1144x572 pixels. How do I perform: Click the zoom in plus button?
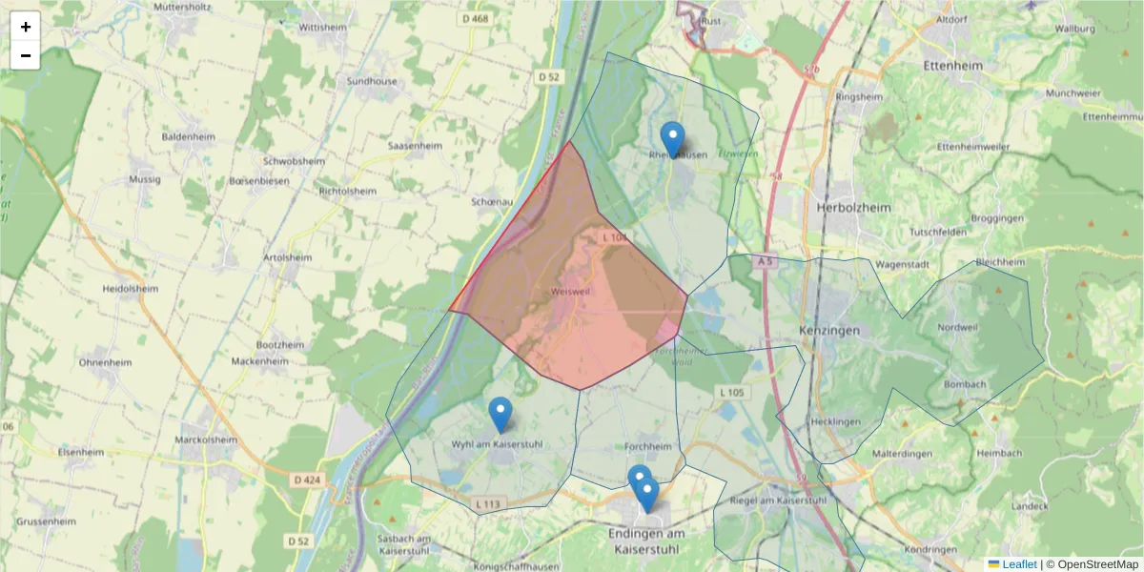[26, 27]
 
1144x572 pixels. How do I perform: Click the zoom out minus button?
[26, 55]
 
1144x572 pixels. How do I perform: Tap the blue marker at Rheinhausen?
[673, 139]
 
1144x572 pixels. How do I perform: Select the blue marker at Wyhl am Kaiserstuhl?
[500, 415]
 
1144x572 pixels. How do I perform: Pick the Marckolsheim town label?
[206, 440]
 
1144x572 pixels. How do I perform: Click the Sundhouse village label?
[372, 82]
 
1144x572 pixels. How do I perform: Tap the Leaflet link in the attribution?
[1018, 564]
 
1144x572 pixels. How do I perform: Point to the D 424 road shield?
[306, 480]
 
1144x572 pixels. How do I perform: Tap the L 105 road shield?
[731, 392]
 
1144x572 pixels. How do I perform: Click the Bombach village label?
[964, 385]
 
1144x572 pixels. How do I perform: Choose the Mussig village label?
[144, 179]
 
